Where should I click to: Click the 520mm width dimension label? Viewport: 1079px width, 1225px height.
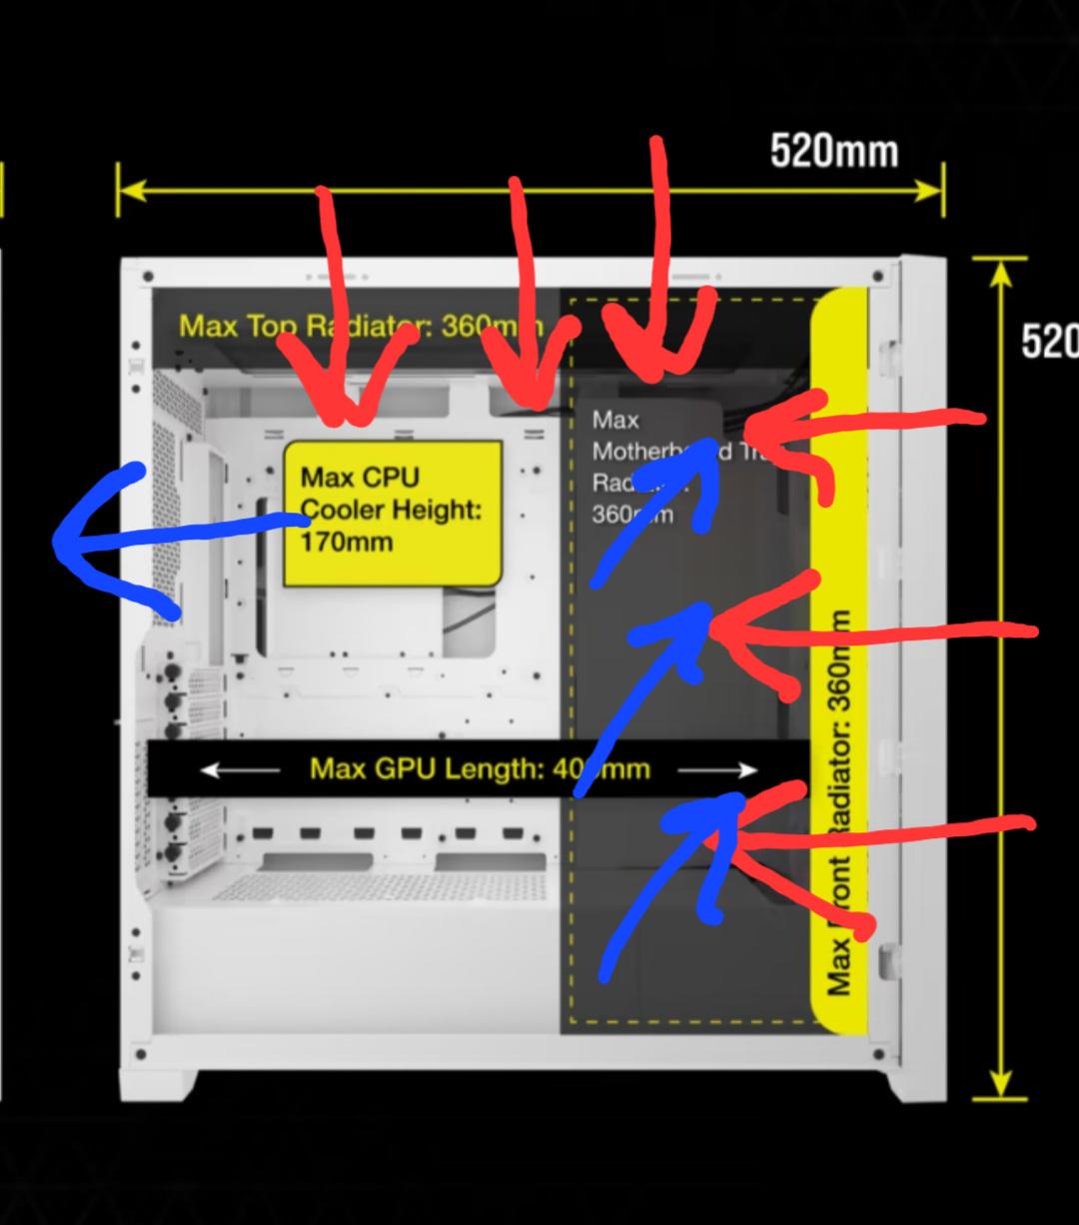[x=834, y=152]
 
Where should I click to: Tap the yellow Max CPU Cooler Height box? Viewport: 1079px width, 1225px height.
[x=392, y=512]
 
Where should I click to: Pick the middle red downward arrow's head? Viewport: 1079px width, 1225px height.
[x=535, y=395]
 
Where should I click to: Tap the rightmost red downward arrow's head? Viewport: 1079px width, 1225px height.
[x=654, y=365]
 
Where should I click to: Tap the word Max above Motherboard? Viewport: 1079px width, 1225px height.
[x=614, y=420]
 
